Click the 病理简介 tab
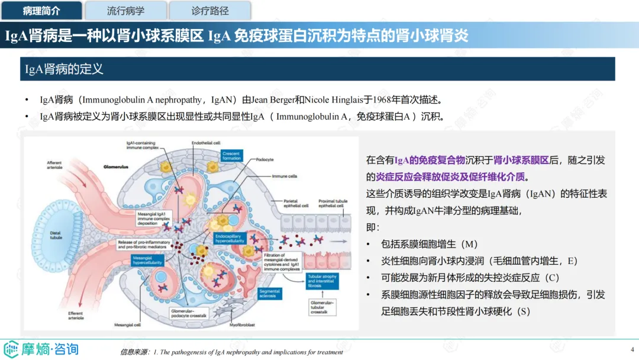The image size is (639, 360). tap(41, 11)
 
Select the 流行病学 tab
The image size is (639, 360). tap(125, 11)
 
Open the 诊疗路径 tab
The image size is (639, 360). tap(210, 11)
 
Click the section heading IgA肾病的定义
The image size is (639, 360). tap(64, 69)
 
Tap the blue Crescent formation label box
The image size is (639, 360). tap(231, 156)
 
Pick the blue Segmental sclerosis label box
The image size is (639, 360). tap(270, 294)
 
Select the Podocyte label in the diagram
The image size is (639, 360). tap(264, 160)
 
